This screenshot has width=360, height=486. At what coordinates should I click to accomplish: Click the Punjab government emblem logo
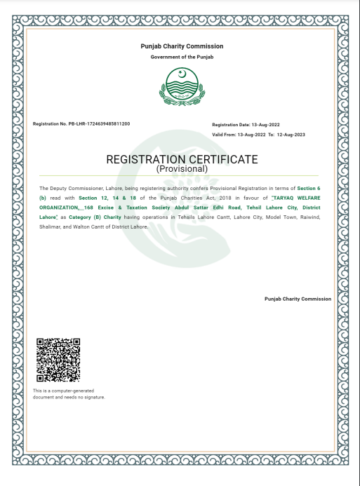(x=182, y=86)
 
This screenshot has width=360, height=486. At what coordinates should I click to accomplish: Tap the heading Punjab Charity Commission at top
(x=182, y=46)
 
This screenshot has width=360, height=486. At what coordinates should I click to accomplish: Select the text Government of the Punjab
(x=182, y=56)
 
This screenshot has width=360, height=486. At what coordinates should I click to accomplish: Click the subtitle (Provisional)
(x=182, y=169)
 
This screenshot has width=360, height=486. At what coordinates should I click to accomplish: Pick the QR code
(x=58, y=359)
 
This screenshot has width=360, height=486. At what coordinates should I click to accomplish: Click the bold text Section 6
(x=309, y=189)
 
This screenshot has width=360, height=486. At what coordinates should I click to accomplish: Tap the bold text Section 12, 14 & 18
(x=103, y=198)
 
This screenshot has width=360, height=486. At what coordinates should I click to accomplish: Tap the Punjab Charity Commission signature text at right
(x=298, y=299)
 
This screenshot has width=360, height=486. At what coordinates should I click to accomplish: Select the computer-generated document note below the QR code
(x=69, y=393)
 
